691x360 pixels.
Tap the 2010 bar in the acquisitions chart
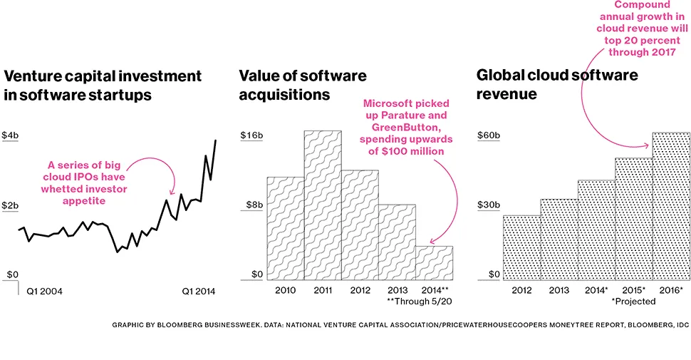[x=285, y=227]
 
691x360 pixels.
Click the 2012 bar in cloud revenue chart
[x=521, y=247]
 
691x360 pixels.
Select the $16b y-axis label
[x=251, y=135]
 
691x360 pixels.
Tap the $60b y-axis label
[x=489, y=135]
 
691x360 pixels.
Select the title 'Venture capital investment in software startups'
[x=103, y=85]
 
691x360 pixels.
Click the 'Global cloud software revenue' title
[x=557, y=84]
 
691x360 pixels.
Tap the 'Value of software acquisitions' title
[x=303, y=85]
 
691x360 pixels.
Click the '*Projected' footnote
[x=633, y=302]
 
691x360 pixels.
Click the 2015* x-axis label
[x=633, y=290]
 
